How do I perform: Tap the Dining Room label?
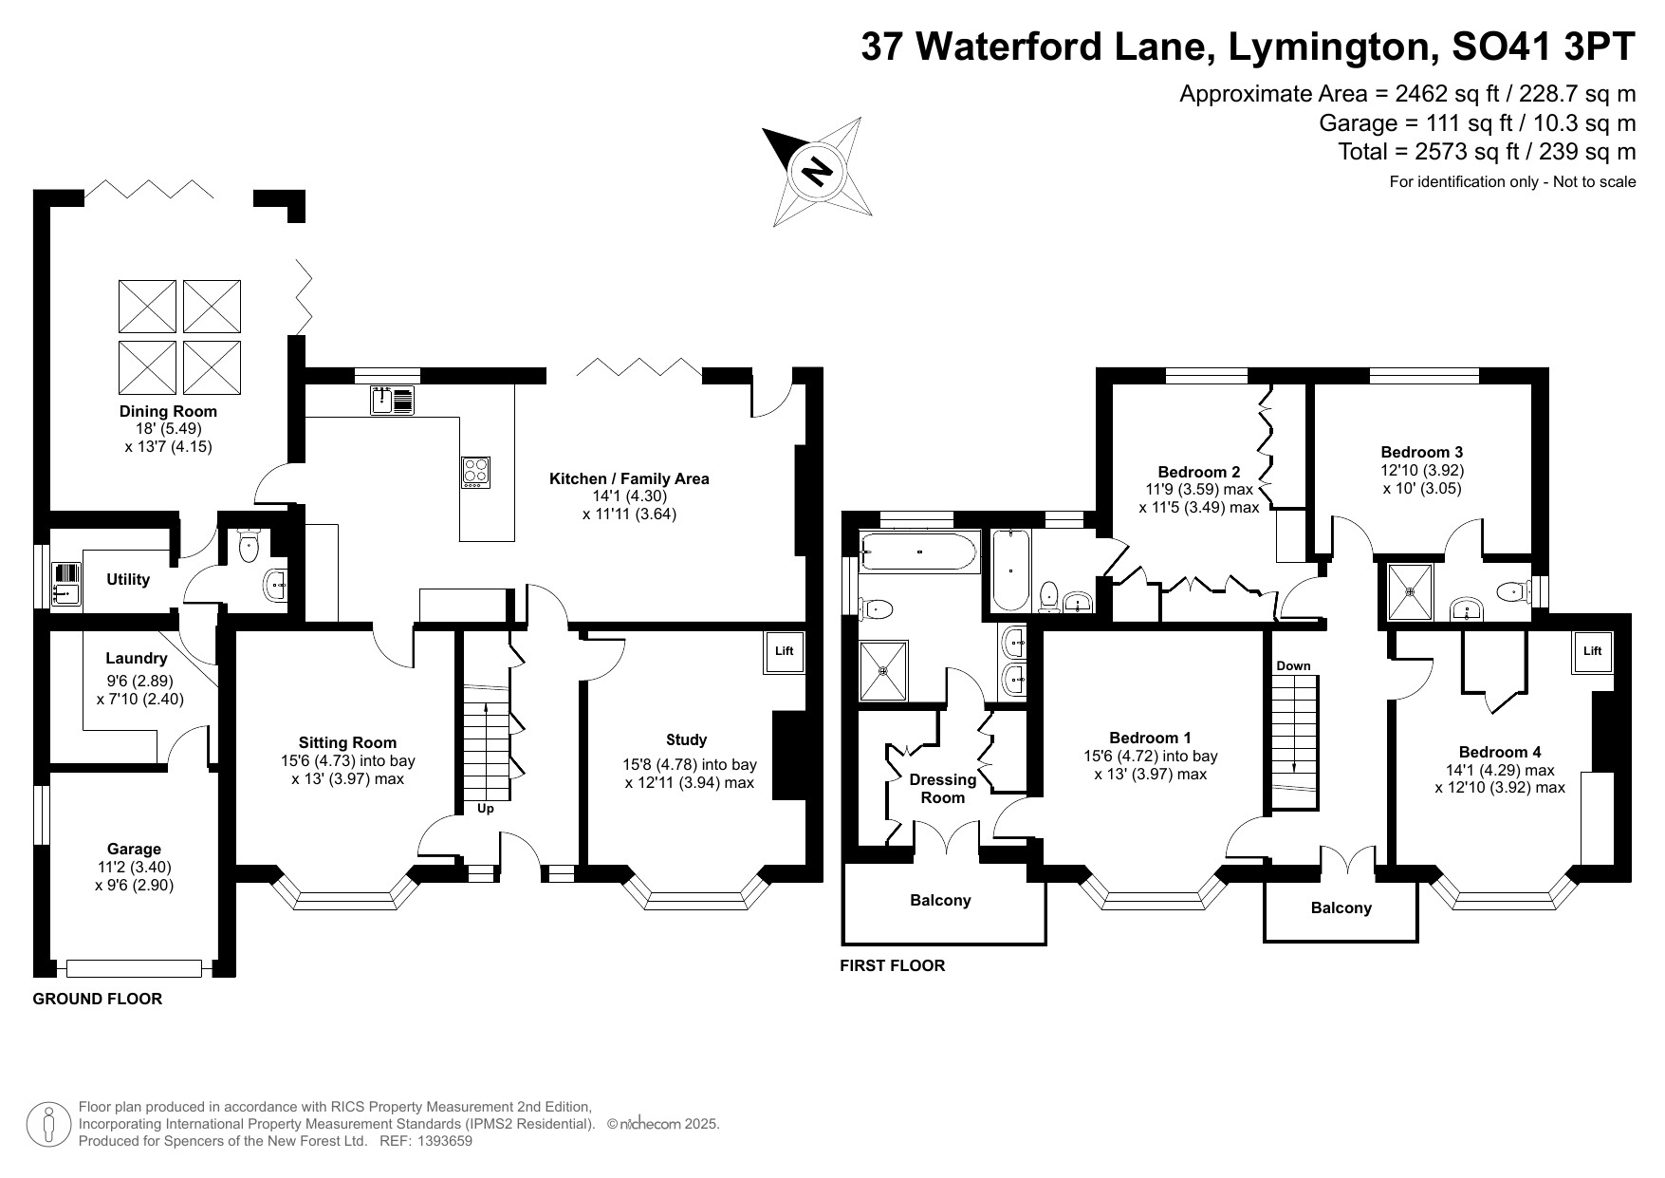168,411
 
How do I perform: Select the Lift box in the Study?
784,652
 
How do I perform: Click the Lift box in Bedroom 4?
1592,651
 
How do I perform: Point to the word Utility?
128,579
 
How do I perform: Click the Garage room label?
134,849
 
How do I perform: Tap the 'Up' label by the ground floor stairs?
485,809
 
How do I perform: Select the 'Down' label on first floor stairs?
1293,665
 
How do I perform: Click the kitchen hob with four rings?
476,472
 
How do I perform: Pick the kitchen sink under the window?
393,400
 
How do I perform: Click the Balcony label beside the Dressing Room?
940,900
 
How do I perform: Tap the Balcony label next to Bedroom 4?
1341,908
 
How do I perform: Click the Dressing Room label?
942,788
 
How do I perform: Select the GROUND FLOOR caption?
98,999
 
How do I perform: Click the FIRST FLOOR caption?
893,966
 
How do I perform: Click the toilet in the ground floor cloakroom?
250,546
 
